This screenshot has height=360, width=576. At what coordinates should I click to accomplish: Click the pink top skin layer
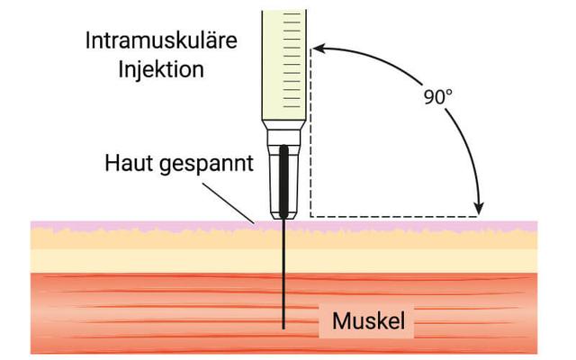[x=405, y=224]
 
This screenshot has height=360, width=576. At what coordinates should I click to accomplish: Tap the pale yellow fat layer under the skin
[x=405, y=259]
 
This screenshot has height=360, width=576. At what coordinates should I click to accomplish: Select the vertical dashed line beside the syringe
[x=310, y=135]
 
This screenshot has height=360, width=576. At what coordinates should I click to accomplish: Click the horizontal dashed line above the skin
[x=396, y=216]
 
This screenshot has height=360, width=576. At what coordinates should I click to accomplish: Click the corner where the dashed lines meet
[x=310, y=216]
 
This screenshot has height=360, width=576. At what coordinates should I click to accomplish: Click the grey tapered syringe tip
[x=272, y=171]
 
